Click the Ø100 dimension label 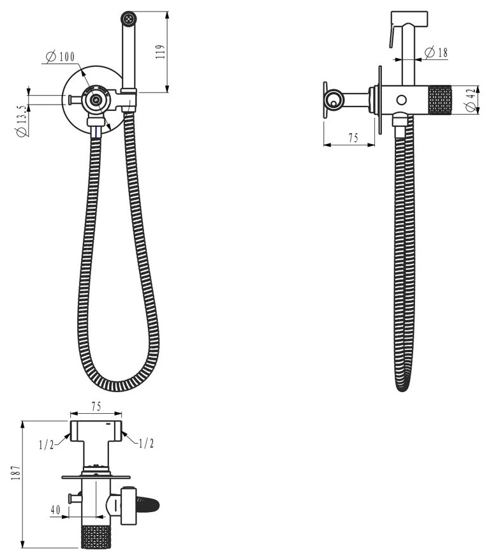click(x=61, y=56)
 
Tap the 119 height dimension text click(x=160, y=52)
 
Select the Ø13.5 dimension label click(x=22, y=121)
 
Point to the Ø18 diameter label click(x=436, y=53)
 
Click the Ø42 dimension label click(x=471, y=100)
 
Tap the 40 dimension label click(x=55, y=510)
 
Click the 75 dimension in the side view click(x=353, y=138)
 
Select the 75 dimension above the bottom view click(x=96, y=406)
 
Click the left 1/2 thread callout click(x=47, y=444)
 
